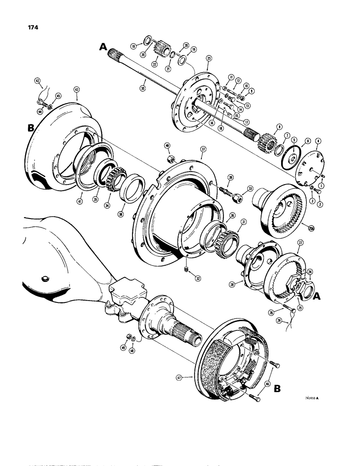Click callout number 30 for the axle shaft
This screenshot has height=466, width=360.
click(143, 88)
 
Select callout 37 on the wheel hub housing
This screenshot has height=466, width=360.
click(203, 149)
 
